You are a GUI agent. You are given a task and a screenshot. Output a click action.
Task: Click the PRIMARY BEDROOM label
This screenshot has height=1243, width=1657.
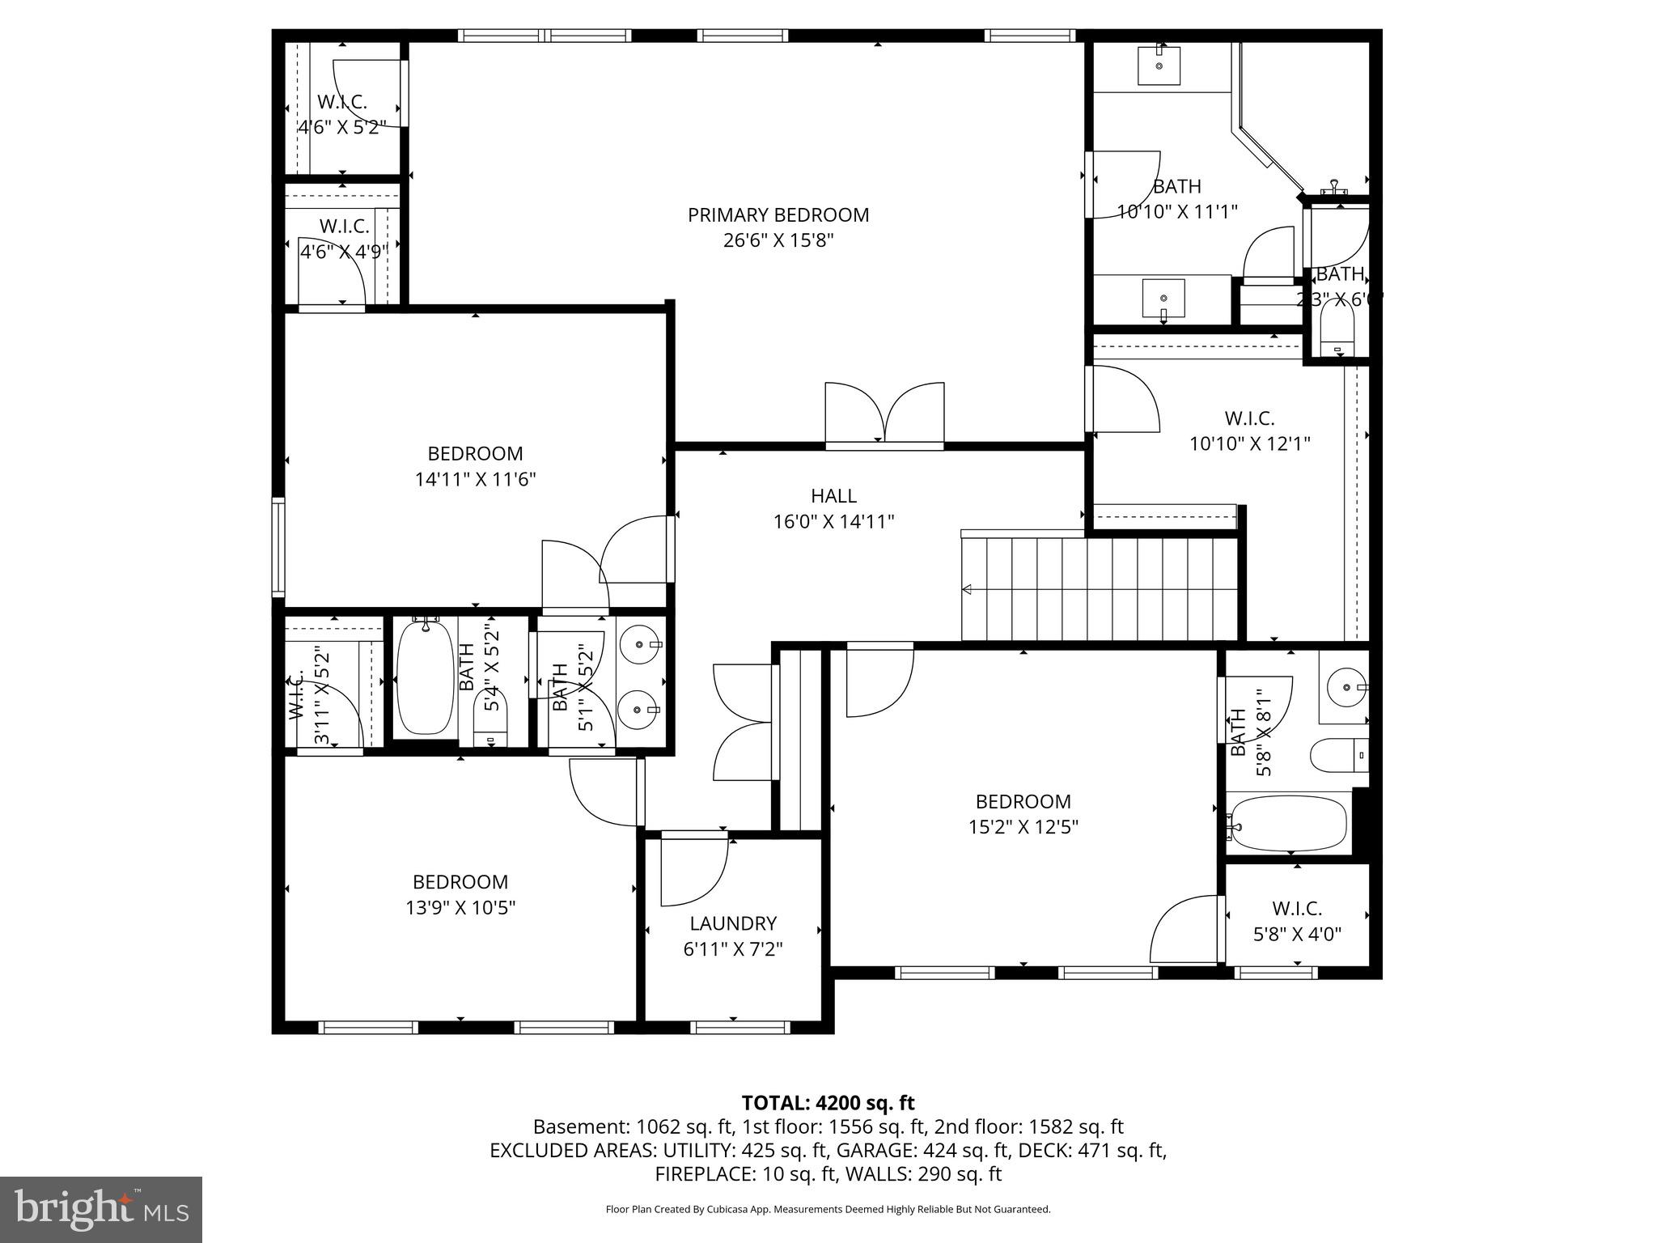(778, 215)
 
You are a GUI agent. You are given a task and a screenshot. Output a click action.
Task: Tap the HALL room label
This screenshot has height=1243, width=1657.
(833, 496)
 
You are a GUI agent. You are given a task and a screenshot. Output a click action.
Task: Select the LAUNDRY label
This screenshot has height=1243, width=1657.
(733, 923)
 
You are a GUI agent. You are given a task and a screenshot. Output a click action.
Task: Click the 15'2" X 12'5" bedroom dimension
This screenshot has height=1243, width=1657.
(1023, 827)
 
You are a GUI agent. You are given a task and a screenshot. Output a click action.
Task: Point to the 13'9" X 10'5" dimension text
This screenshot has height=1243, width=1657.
(460, 908)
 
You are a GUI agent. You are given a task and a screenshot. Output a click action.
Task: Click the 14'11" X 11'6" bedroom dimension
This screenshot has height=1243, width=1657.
(475, 480)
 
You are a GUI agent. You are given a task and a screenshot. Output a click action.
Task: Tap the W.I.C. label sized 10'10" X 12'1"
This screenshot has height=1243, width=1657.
(1249, 418)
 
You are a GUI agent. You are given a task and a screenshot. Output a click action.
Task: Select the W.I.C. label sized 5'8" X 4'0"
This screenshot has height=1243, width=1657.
(1297, 909)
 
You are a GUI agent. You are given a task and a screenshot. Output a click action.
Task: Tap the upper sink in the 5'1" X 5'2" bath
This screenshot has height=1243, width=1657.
(640, 645)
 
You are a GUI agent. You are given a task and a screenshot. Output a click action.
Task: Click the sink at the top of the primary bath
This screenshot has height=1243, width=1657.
(1159, 65)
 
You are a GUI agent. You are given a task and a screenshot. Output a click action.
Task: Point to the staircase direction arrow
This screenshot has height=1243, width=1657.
(966, 589)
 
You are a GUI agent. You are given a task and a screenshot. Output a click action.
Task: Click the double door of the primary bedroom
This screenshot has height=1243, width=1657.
(884, 414)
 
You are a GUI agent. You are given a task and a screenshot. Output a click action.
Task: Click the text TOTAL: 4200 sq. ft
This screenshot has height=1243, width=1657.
(827, 1103)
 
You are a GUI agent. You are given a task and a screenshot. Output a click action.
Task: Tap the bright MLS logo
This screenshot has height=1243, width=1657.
(101, 1210)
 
